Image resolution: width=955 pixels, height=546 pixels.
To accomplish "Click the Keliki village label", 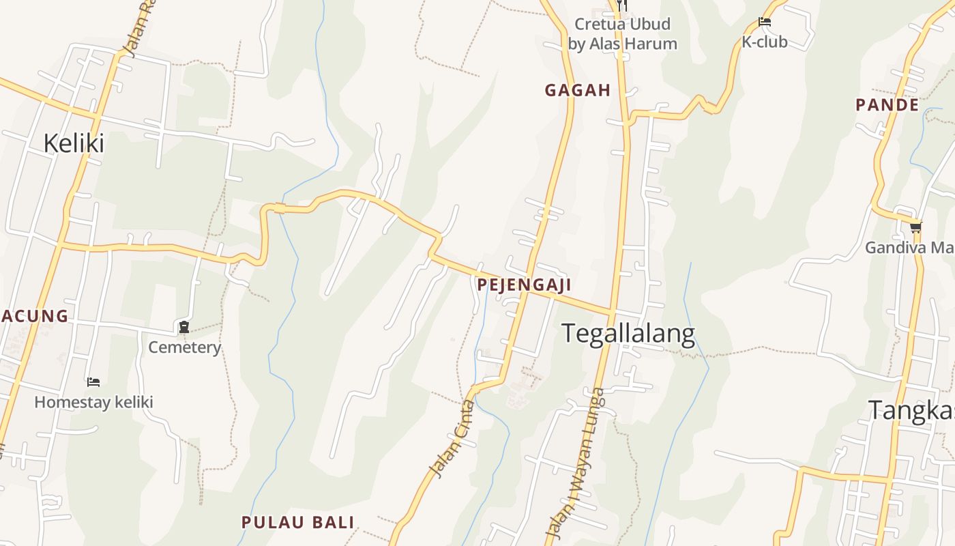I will (74, 143).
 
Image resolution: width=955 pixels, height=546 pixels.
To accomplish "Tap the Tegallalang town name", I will (628, 333).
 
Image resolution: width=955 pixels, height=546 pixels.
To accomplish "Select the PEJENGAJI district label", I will (524, 285).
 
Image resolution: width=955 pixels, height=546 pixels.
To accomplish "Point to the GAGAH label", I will (577, 90).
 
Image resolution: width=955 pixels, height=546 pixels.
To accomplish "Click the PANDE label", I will (887, 105).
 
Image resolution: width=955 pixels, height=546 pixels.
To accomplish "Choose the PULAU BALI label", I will (298, 523).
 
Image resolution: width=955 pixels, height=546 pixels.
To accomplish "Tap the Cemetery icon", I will (183, 328).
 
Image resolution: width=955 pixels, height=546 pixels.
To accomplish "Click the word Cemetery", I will (185, 347).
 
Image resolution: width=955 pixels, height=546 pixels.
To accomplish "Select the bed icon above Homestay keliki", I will (93, 382).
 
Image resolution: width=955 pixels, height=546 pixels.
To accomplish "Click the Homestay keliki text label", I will (93, 402).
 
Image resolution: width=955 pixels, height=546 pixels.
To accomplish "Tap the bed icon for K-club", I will (765, 23).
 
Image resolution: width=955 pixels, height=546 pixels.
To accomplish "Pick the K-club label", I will (765, 42).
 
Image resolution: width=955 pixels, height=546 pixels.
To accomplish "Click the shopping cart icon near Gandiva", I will (915, 227).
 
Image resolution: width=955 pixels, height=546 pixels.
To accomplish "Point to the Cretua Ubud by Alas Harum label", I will (622, 34).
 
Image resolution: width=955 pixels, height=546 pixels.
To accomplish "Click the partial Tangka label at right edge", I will (911, 411).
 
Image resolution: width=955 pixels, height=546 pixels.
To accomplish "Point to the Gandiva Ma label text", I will (909, 247).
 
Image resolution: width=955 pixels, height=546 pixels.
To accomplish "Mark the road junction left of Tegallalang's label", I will (612, 313).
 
